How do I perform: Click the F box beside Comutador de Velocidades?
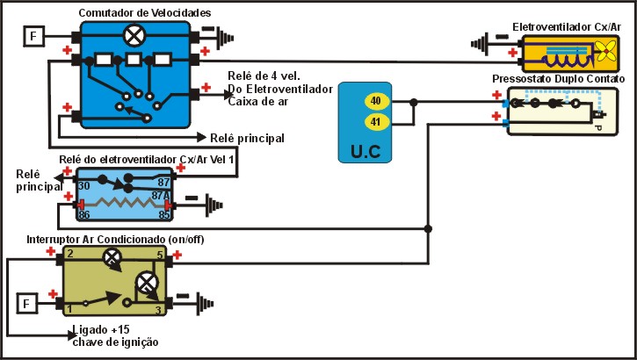[x=33, y=37]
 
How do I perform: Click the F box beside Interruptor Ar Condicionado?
[x=28, y=304]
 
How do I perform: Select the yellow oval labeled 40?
[x=375, y=101]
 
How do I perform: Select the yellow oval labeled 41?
[x=375, y=122]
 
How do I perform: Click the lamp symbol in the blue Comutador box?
[x=134, y=36]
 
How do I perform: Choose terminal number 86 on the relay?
[x=84, y=212]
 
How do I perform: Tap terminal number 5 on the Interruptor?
[x=159, y=256]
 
